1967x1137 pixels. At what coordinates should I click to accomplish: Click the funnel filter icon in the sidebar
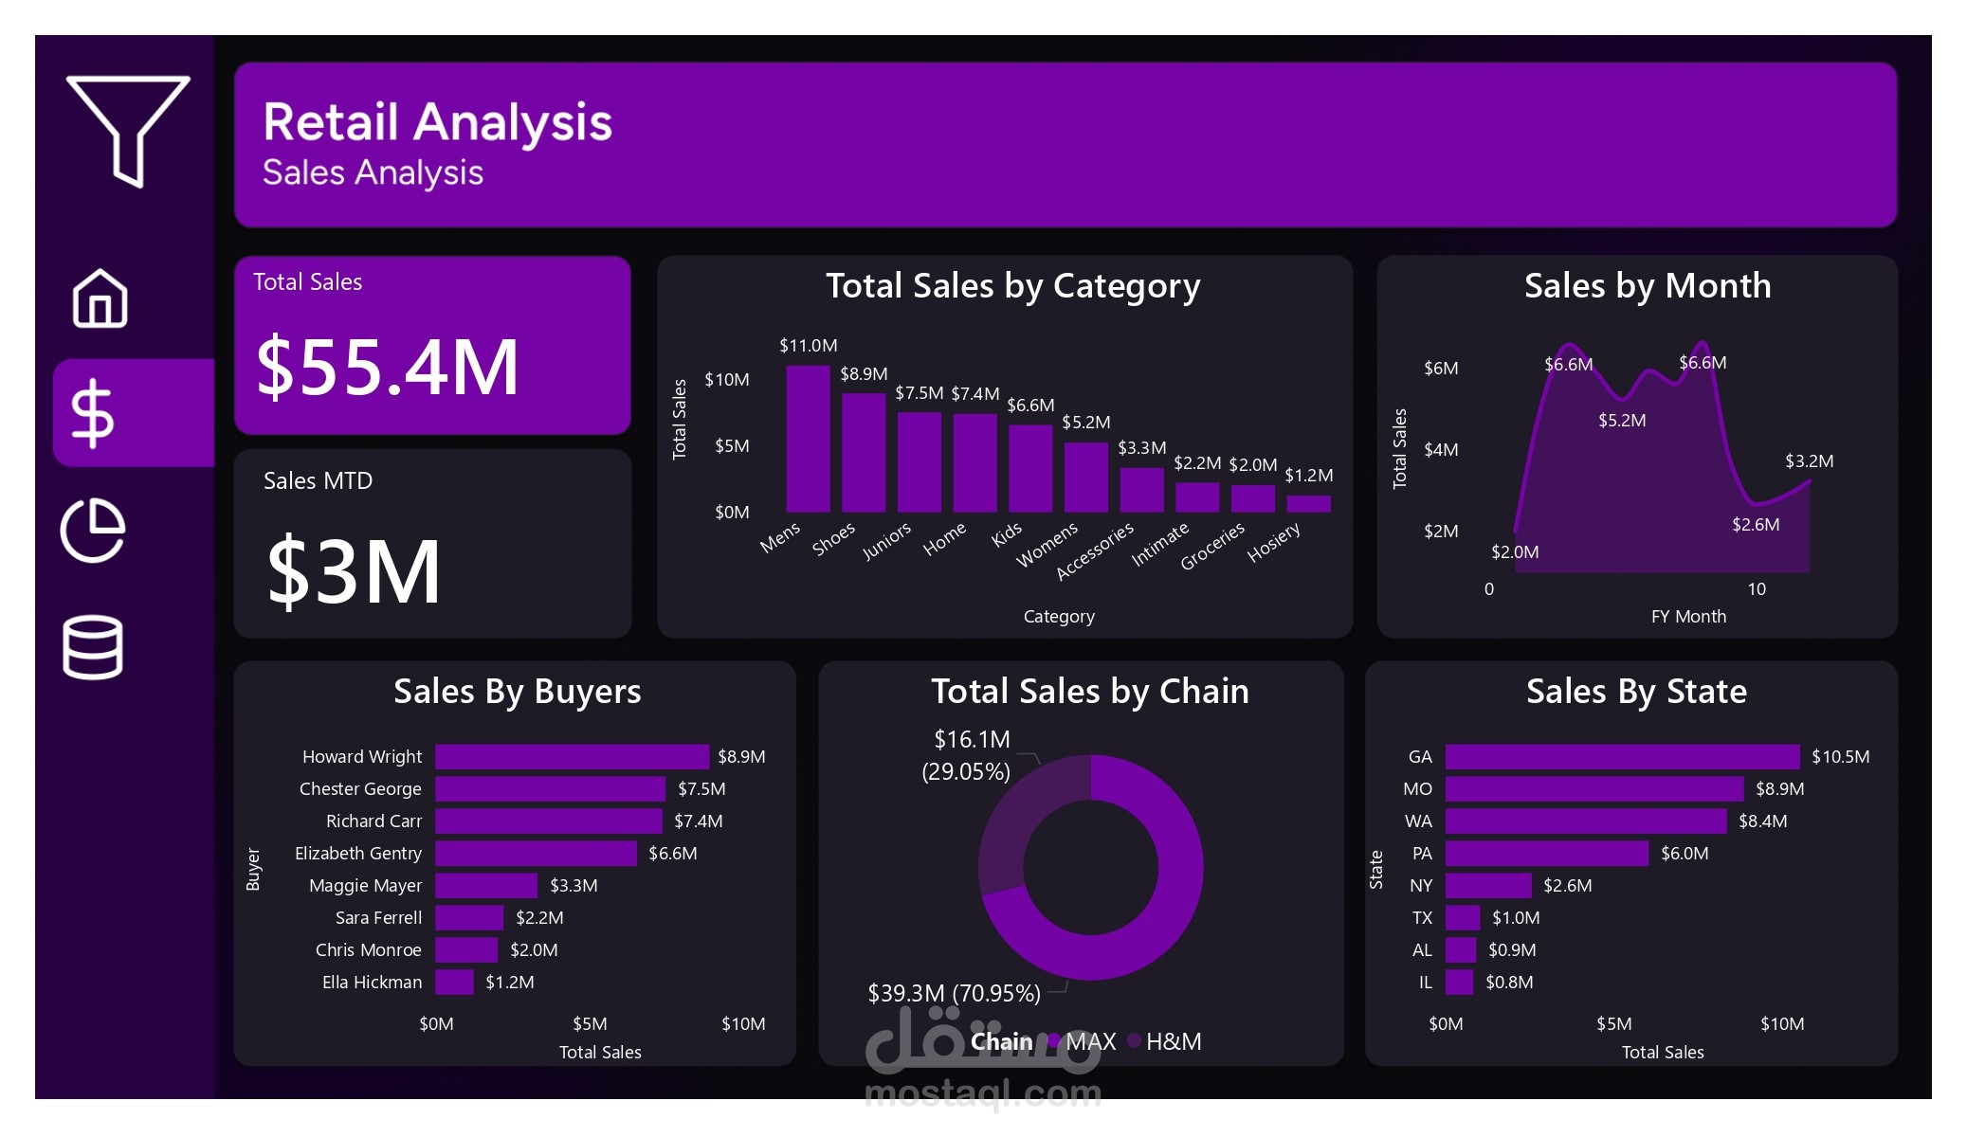click(128, 128)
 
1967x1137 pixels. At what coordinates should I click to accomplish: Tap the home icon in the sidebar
click(100, 298)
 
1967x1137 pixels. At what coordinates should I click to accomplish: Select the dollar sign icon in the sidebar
click(93, 413)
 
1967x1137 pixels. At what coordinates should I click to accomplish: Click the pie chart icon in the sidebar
click(93, 530)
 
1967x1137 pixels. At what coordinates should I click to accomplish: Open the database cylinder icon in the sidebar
click(93, 647)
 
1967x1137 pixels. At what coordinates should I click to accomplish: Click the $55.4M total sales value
click(388, 368)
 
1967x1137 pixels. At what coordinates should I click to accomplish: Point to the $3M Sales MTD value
click(354, 571)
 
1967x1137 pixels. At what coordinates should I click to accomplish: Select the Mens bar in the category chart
click(808, 438)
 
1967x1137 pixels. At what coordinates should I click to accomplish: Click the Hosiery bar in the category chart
click(1308, 503)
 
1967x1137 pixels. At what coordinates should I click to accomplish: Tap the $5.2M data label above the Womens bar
click(1085, 423)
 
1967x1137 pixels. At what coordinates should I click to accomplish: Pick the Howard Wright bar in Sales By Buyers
click(572, 756)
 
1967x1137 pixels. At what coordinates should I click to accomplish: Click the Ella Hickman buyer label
click(372, 983)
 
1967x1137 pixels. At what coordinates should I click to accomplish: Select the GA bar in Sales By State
click(1621, 756)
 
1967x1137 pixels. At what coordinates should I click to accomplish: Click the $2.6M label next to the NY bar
click(1567, 886)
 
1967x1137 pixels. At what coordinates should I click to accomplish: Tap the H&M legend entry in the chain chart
click(1172, 1041)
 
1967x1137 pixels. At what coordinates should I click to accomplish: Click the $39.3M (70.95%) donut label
click(954, 993)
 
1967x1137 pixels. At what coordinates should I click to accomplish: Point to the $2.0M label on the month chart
click(1514, 552)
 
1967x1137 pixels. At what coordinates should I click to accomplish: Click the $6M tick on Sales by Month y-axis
click(1440, 369)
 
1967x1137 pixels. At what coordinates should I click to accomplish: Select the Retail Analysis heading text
click(437, 123)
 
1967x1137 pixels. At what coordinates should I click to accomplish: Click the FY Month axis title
click(1687, 617)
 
